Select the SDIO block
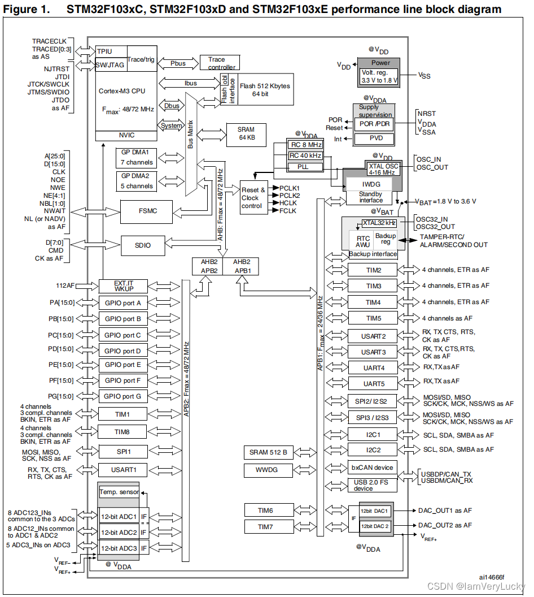pyautogui.click(x=142, y=245)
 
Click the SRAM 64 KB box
pyautogui.click(x=246, y=133)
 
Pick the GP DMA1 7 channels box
pyautogui.click(x=136, y=158)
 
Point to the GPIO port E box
pyautogui.click(x=123, y=365)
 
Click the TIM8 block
pyautogui.click(x=122, y=432)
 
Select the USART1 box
pyautogui.click(x=122, y=469)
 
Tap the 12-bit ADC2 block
pyautogui.click(x=119, y=532)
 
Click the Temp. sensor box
pyautogui.click(x=119, y=492)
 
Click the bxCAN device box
pyautogui.click(x=373, y=468)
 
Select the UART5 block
pyautogui.click(x=373, y=383)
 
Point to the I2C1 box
pyautogui.click(x=373, y=435)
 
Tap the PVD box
pyautogui.click(x=373, y=139)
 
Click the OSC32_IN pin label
pyautogui.click(x=432, y=219)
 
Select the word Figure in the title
pyautogui.click(x=21, y=10)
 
